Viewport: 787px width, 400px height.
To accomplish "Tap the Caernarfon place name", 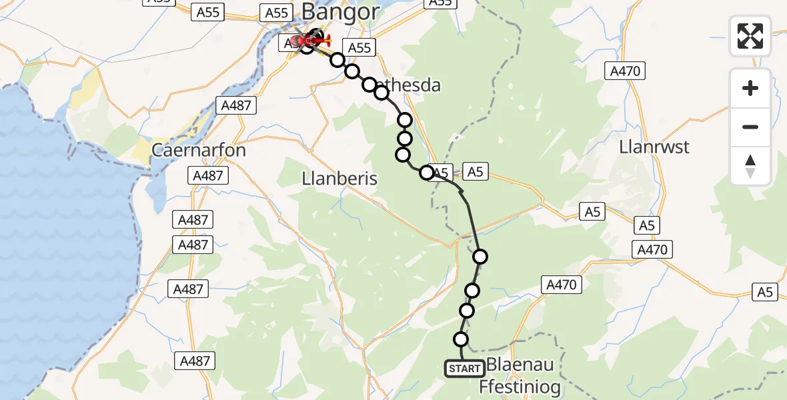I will [x=199, y=150].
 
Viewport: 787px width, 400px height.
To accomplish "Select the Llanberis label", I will [x=339, y=179].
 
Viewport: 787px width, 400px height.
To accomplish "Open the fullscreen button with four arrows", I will [x=750, y=36].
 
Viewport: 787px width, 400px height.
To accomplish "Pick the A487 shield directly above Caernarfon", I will [x=236, y=105].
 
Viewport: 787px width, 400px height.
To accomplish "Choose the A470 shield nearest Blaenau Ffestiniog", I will [x=561, y=285].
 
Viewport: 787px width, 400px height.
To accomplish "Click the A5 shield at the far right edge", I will [x=764, y=291].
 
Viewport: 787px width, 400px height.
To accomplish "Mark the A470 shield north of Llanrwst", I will [x=624, y=71].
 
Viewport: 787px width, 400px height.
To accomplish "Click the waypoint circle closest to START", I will [x=461, y=339].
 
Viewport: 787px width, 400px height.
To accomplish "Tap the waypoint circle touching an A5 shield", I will [x=426, y=173].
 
